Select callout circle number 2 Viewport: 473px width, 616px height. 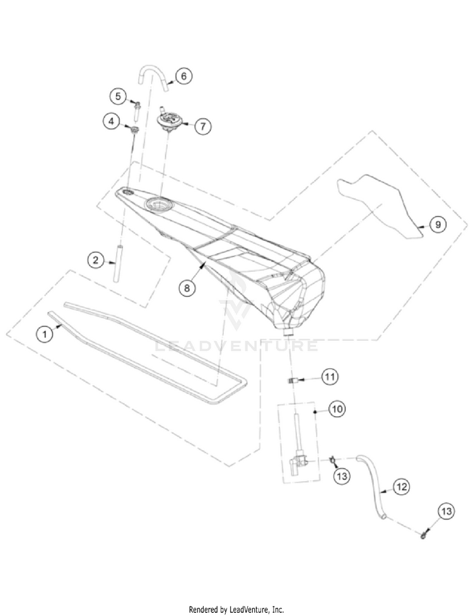pos(95,259)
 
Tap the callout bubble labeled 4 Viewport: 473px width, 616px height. pos(112,121)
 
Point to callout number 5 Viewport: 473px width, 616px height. pos(117,96)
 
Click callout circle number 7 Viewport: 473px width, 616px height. pos(202,125)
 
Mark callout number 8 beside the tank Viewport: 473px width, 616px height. pos(187,287)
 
